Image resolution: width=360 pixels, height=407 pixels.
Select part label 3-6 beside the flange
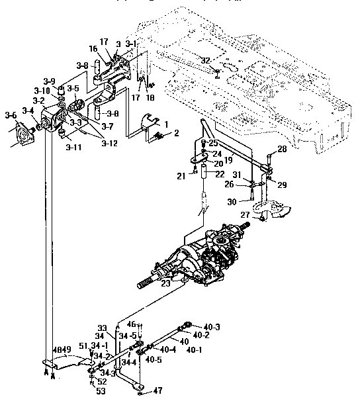pos(11,114)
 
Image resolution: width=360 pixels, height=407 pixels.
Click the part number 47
pos(157,392)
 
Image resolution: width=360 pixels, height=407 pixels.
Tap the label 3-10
pos(42,91)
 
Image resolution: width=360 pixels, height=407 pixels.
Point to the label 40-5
pos(154,359)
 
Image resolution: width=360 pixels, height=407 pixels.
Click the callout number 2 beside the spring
pos(177,133)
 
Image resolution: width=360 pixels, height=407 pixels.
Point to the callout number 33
pos(101,328)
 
